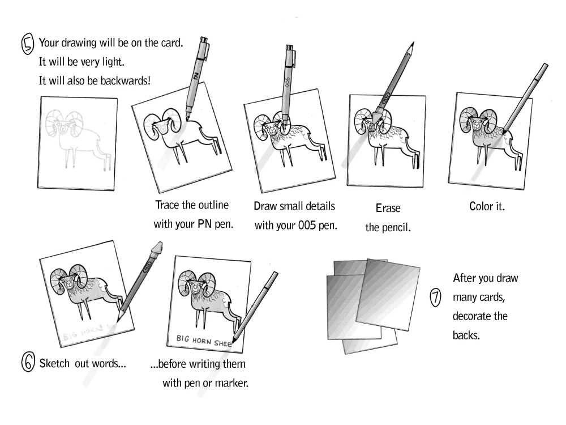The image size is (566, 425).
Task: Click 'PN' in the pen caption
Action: pyautogui.click(x=205, y=224)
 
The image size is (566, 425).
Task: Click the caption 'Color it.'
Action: pyautogui.click(x=487, y=207)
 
